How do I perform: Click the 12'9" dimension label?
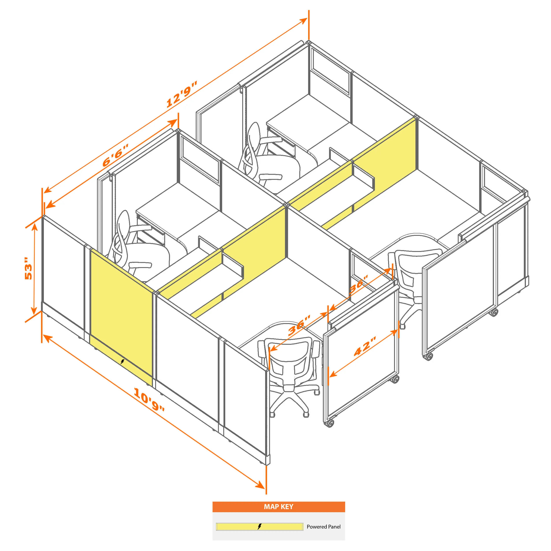point(182,94)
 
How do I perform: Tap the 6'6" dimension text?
point(115,155)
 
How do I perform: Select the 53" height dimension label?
point(28,268)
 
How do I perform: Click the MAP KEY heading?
point(278,506)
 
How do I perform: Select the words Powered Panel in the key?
point(323,527)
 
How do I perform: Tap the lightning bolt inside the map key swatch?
point(259,527)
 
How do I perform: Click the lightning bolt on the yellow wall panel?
point(122,362)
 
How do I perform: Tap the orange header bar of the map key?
point(279,507)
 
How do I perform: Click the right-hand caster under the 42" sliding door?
point(395,379)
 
